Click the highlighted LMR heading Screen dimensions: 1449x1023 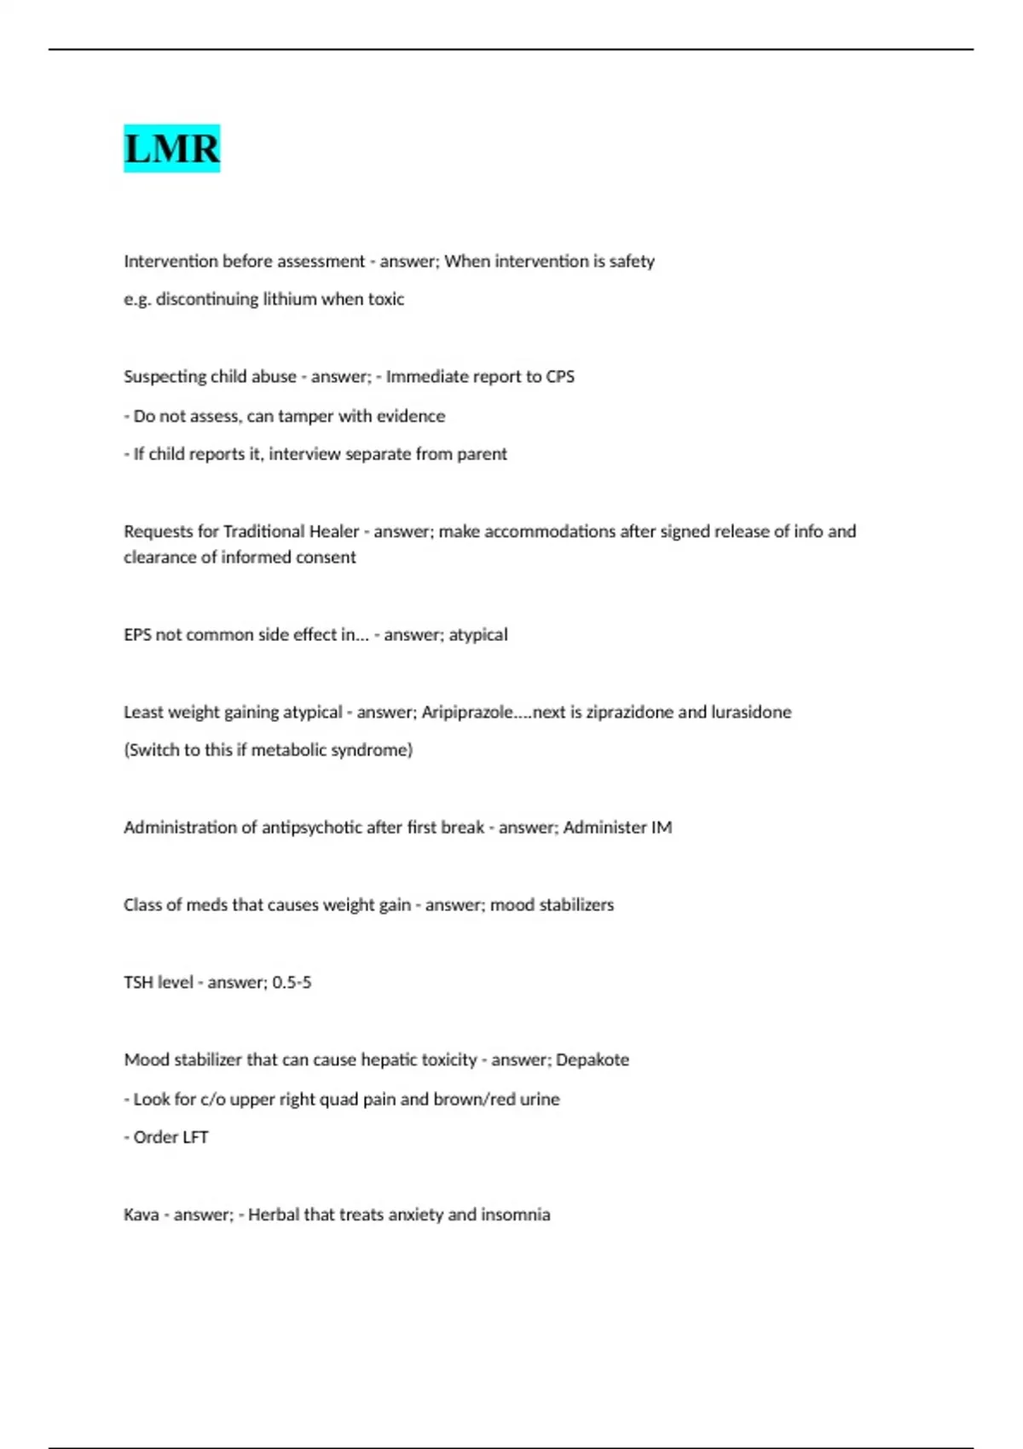point(171,148)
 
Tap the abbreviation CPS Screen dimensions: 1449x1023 point(560,377)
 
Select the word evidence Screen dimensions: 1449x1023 point(413,416)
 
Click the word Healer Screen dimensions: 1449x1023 point(333,532)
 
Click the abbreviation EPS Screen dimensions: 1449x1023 point(137,635)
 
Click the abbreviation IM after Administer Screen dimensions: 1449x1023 point(661,828)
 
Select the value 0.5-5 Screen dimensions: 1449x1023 point(292,983)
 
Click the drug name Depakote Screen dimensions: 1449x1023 point(592,1060)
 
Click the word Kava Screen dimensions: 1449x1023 point(141,1215)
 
